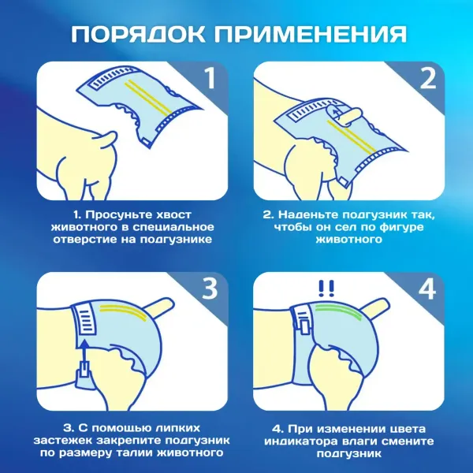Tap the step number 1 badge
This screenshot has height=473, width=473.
point(208,78)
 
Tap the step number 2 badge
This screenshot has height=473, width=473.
point(425,78)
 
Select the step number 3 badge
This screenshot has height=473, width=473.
point(208,289)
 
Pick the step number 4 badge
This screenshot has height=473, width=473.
point(425,289)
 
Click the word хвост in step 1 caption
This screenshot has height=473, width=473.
point(169,214)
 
